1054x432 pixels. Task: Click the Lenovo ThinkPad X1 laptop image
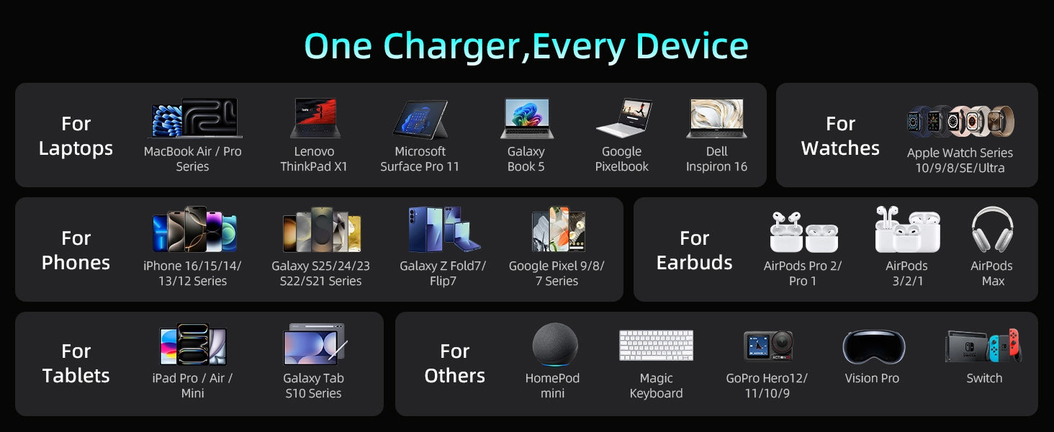pos(315,118)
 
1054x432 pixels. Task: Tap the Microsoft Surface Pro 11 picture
pos(420,119)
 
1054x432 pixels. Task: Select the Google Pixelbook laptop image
pos(624,117)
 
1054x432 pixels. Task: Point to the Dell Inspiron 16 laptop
pos(716,118)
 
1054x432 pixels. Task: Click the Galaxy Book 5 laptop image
pos(527,118)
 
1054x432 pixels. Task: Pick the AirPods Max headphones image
pos(992,230)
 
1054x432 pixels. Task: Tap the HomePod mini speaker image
pos(555,345)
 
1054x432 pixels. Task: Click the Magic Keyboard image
pos(657,346)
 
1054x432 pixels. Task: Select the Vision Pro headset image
pos(874,348)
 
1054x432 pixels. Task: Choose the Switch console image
pos(983,346)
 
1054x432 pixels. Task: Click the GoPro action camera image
pos(768,346)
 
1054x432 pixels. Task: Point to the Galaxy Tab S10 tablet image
pos(315,344)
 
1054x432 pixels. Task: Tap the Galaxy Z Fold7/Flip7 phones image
pos(444,229)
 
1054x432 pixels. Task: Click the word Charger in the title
pos(452,47)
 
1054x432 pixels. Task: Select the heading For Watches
pos(840,136)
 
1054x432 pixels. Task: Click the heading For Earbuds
pos(695,251)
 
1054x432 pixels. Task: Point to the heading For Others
pos(454,364)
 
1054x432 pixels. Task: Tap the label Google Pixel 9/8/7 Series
pos(557,274)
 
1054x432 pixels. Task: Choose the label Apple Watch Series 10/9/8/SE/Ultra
pos(960,161)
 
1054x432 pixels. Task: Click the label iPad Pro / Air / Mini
pos(192,385)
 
